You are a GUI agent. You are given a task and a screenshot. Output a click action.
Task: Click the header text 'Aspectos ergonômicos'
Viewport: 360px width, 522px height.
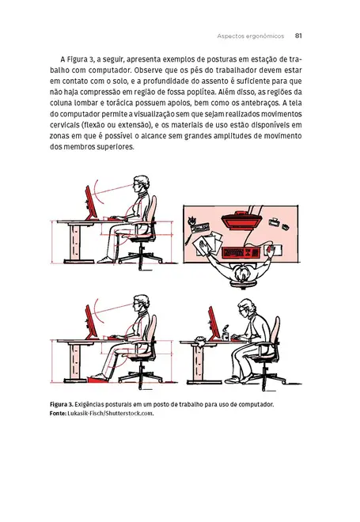[x=250, y=35]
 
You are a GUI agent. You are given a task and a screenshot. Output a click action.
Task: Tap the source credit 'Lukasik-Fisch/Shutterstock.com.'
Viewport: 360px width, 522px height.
[x=112, y=414]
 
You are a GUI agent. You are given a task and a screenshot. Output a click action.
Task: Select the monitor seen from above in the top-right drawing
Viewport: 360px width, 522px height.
[x=241, y=221]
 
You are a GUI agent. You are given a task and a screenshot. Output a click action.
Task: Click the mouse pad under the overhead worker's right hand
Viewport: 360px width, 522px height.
[x=271, y=251]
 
